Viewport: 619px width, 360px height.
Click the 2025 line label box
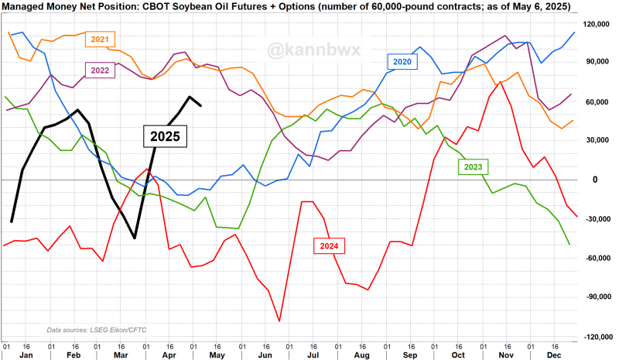click(x=166, y=135)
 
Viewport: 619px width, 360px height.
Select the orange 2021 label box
click(x=101, y=39)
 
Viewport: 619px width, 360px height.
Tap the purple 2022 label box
click(x=101, y=69)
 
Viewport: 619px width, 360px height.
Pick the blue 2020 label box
click(x=402, y=60)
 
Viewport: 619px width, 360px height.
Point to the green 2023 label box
click(x=474, y=166)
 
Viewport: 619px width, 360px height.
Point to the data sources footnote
click(x=90, y=329)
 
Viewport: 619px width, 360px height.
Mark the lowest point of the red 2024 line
click(x=279, y=321)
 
